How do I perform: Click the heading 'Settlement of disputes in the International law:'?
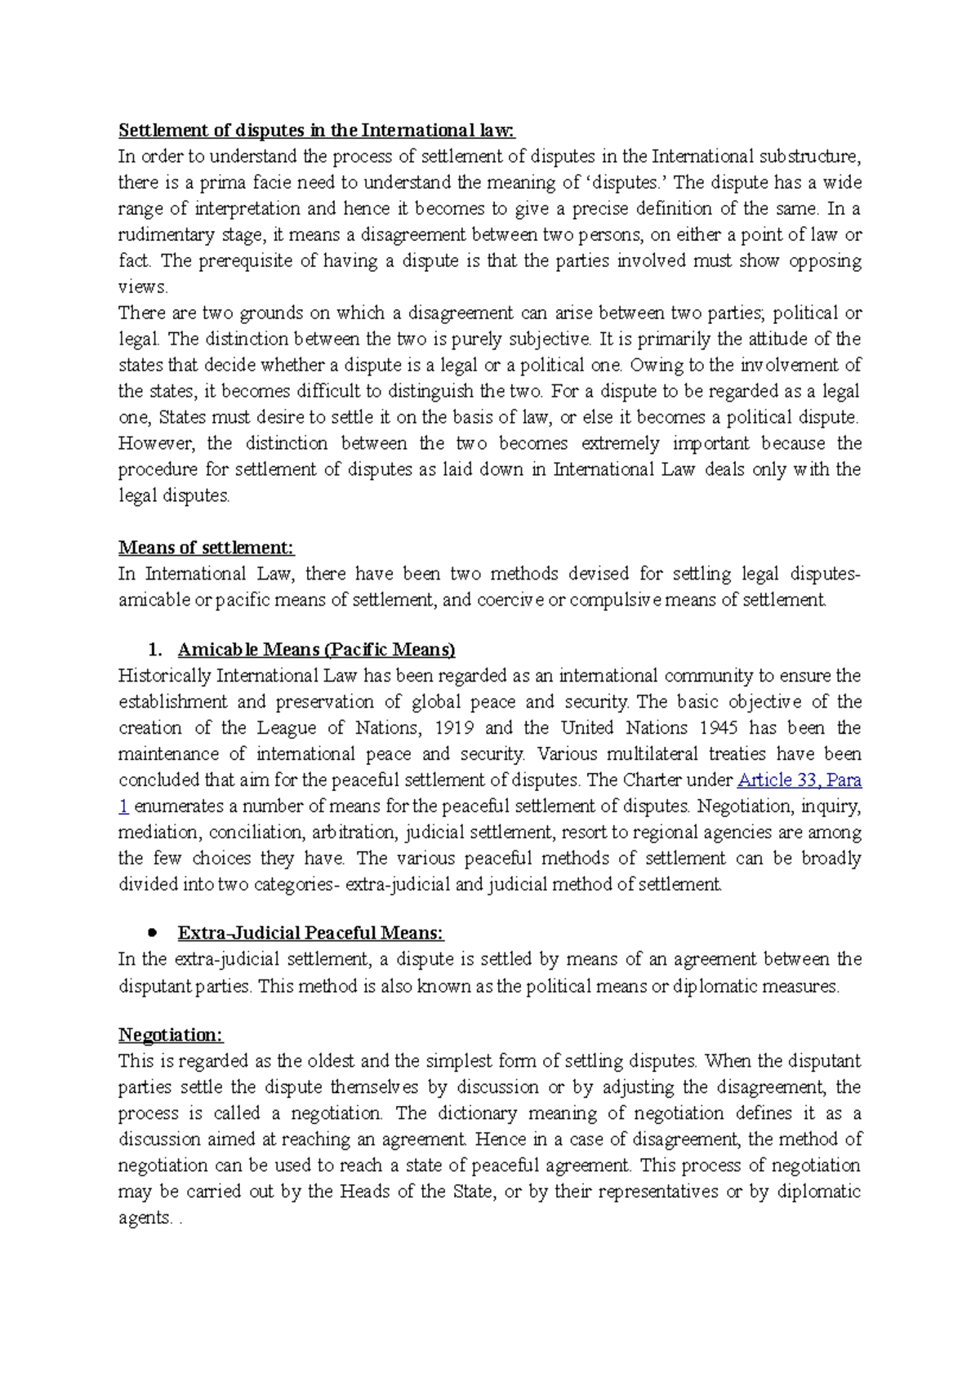tap(317, 131)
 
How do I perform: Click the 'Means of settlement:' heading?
tap(206, 548)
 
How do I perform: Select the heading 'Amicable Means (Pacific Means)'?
tap(316, 650)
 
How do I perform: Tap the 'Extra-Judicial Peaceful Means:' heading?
tap(310, 933)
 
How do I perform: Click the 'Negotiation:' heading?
tap(171, 1035)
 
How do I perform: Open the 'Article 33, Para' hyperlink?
tap(799, 780)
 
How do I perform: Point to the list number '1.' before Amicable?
tap(154, 650)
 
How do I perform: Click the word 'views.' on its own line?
tap(143, 287)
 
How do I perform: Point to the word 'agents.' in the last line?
tap(146, 1218)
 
